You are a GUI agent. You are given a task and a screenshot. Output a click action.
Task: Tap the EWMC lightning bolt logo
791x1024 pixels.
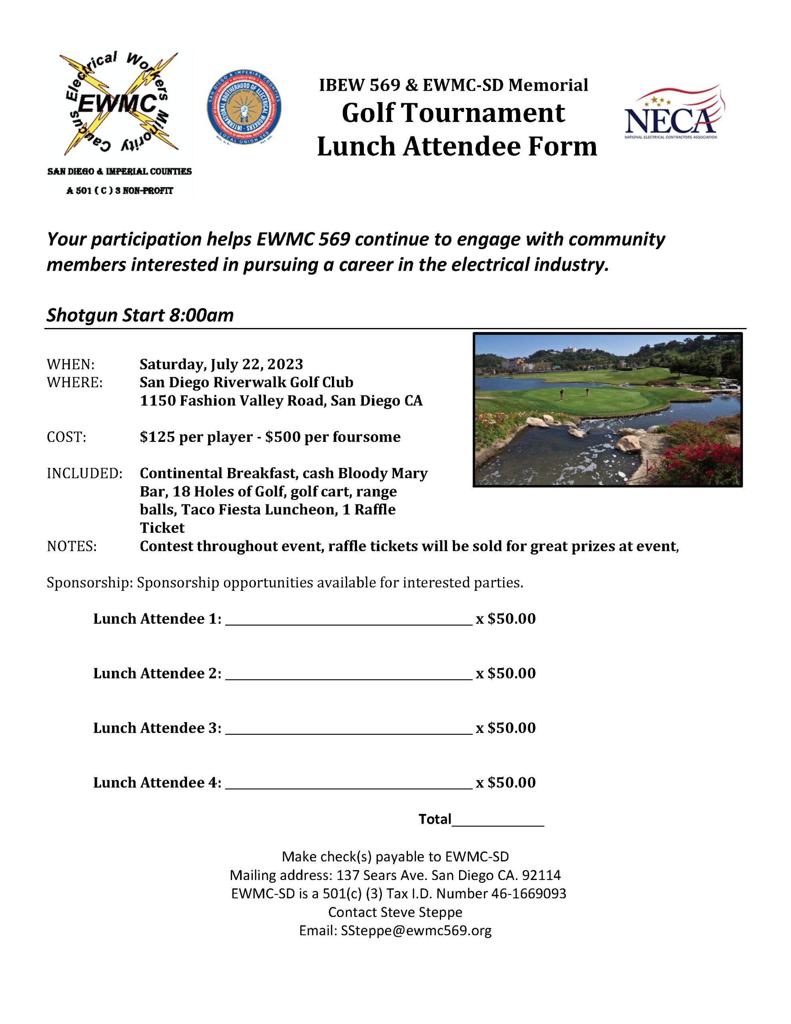[x=119, y=104]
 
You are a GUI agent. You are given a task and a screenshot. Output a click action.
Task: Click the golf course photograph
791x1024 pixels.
[x=607, y=410]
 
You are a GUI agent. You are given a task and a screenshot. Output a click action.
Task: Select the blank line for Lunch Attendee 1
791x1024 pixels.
[x=348, y=620]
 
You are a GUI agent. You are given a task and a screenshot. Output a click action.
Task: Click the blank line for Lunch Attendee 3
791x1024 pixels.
[x=348, y=729]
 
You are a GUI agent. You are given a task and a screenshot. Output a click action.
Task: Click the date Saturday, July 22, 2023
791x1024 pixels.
[x=221, y=364]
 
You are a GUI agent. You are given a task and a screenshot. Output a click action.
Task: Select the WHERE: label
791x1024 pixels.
[x=74, y=382]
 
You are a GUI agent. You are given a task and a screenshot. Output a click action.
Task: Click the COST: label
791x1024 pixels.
[x=66, y=437]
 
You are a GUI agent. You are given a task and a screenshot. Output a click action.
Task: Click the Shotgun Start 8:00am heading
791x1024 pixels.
[x=140, y=315]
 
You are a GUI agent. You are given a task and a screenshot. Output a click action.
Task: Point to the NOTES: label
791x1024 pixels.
[x=72, y=546]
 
